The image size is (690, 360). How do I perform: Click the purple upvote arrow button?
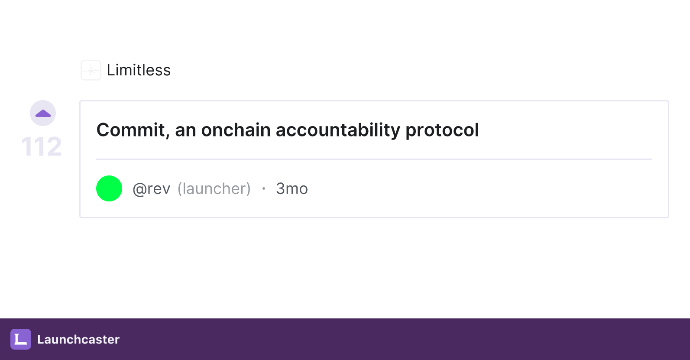(x=43, y=113)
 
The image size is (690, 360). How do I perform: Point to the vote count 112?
(x=42, y=146)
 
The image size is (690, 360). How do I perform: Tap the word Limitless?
(x=139, y=70)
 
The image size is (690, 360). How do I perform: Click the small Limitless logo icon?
(x=91, y=70)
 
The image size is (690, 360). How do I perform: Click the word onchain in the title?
(x=236, y=130)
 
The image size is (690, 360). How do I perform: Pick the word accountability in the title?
(x=338, y=130)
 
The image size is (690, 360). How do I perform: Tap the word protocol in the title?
(x=442, y=130)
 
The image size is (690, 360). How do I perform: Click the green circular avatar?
(x=109, y=188)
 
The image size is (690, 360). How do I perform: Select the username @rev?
(x=151, y=189)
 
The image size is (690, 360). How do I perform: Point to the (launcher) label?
(x=214, y=188)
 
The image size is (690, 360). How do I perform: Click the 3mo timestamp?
(x=292, y=188)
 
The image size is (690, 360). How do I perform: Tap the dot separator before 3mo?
(x=264, y=188)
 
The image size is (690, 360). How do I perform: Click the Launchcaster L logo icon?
(x=21, y=339)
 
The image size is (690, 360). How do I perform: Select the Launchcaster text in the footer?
(x=78, y=339)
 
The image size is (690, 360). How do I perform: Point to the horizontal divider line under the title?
(x=374, y=159)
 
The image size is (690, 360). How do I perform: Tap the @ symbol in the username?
(x=139, y=189)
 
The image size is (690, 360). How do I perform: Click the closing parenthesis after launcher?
(x=248, y=188)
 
